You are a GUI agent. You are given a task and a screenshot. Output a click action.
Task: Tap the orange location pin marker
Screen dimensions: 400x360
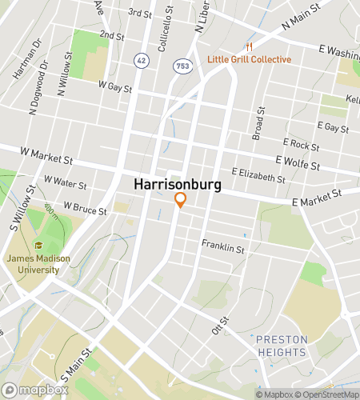(180, 200)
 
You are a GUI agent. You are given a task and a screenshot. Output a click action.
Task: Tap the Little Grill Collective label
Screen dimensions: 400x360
(249, 59)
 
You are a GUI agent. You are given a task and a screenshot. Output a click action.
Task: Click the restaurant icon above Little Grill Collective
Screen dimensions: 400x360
(250, 46)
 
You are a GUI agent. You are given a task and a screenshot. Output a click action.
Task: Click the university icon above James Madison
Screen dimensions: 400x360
(38, 246)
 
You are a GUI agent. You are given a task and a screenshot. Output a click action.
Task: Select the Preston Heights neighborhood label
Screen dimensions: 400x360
(282, 346)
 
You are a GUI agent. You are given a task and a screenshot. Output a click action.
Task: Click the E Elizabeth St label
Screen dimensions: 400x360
(258, 175)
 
